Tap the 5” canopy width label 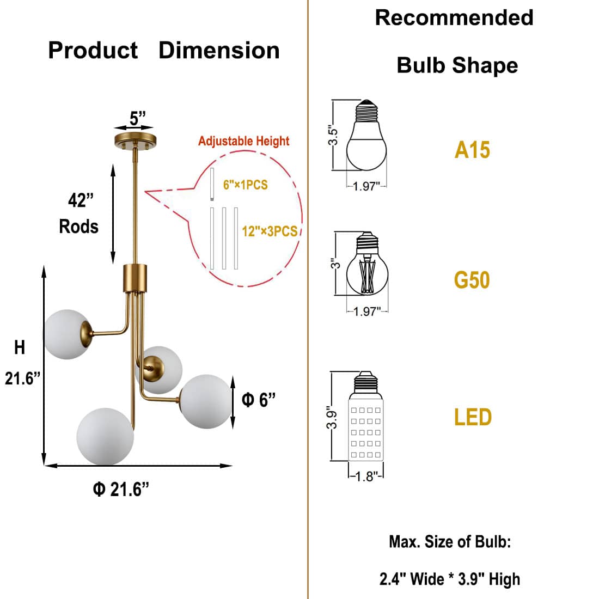pos(138,118)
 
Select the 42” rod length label pos(81,200)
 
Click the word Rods pos(79,227)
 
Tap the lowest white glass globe pos(105,436)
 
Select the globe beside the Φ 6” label pos(205,401)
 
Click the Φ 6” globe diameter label pos(259,400)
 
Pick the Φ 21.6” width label pos(121,490)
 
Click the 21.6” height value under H pos(23,378)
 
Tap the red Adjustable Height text pos(243,141)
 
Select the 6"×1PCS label pos(246,185)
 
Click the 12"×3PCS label pos(270,231)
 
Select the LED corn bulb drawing pos(366,419)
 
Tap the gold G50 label pos(472,280)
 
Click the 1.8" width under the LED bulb pos(366,477)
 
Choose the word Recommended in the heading pos(454,18)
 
